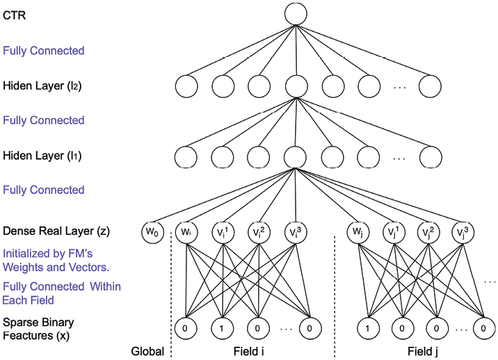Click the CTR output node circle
[x=296, y=15]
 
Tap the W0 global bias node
[x=152, y=232]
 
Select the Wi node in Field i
[x=186, y=232]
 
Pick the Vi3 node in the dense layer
[x=296, y=232]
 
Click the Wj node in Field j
[x=358, y=232]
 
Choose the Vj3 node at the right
[x=463, y=232]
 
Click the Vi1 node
[x=223, y=232]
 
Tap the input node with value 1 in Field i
[x=222, y=328]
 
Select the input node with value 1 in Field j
[x=368, y=328]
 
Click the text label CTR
[x=15, y=15]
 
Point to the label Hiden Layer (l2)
[x=42, y=85]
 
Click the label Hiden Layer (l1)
[x=42, y=156]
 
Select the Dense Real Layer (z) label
[x=56, y=231]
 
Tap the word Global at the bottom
[x=147, y=352]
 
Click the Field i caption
[x=249, y=352]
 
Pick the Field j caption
[x=423, y=352]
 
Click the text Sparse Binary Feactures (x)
[x=38, y=329]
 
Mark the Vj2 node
[x=428, y=232]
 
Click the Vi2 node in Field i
[x=259, y=232]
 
